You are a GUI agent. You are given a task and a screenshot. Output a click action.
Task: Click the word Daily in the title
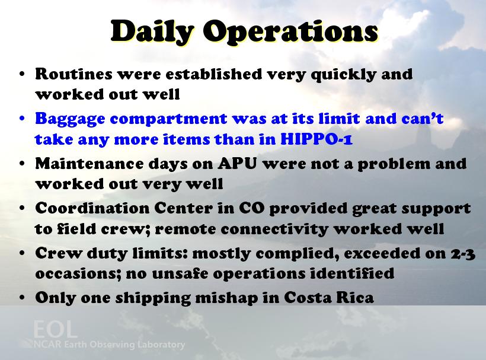[x=152, y=32]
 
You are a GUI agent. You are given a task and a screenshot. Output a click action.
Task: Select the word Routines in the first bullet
[x=73, y=74]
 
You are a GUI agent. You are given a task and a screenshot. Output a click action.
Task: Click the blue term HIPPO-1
[x=316, y=139]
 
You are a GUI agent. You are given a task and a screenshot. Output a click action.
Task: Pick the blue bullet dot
[x=22, y=119]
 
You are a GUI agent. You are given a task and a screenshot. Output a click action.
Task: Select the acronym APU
[x=237, y=164]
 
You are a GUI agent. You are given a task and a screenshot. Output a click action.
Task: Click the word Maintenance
[x=89, y=164]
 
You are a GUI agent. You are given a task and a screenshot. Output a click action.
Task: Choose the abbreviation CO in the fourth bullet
[x=252, y=208]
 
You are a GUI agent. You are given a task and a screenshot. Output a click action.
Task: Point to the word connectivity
[x=274, y=230]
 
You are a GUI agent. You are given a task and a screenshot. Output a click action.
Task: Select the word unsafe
[x=180, y=273]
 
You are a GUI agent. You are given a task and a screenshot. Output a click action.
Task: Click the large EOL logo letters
[x=55, y=329]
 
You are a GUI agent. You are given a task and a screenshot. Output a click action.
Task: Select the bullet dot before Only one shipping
[x=22, y=298]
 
